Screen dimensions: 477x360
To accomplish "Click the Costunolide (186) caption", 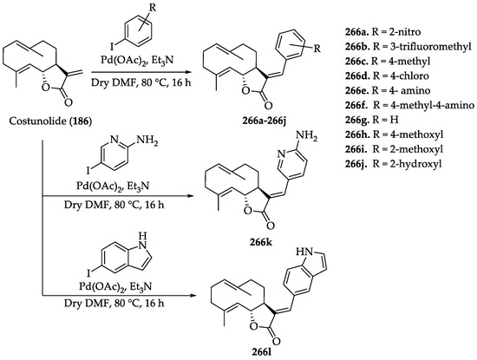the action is pyautogui.click(x=50, y=121).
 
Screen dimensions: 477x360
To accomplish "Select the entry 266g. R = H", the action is pyautogui.click(x=372, y=120).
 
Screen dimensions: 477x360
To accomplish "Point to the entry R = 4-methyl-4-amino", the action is pyautogui.click(x=424, y=105).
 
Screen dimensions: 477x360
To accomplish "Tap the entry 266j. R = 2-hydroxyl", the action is pyautogui.click(x=394, y=164).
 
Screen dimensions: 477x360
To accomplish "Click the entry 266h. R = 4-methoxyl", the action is pyautogui.click(x=395, y=134).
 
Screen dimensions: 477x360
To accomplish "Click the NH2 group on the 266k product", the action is pyautogui.click(x=306, y=135).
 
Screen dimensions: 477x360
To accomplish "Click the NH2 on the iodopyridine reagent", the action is pyautogui.click(x=147, y=141).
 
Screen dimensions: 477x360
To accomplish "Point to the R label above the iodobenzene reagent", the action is pyautogui.click(x=153, y=8).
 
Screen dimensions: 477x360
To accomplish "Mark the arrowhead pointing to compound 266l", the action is pyautogui.click(x=191, y=295).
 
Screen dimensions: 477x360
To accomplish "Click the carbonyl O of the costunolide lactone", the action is pyautogui.click(x=69, y=102).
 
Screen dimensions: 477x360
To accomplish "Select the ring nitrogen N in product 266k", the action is pyautogui.click(x=282, y=154).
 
